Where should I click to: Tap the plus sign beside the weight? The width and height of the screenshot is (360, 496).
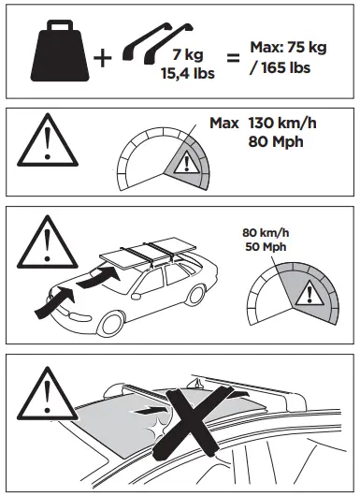coord(103,59)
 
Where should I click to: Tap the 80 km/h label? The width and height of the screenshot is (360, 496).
coord(262,233)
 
